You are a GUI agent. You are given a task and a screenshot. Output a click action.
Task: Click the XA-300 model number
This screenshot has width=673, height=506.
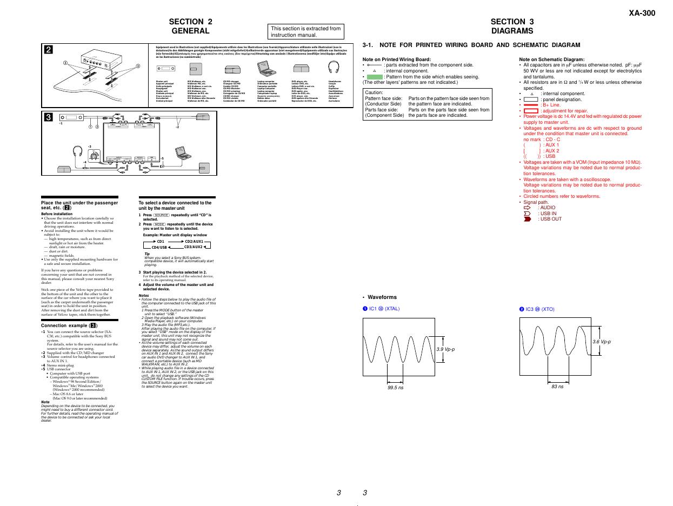click(x=642, y=14)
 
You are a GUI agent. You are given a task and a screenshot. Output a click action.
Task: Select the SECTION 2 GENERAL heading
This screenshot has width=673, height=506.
click(x=190, y=26)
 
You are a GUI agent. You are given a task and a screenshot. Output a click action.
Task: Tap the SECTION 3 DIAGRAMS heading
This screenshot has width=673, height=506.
click(x=512, y=26)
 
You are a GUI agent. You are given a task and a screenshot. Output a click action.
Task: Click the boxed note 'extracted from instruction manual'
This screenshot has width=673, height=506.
click(x=306, y=31)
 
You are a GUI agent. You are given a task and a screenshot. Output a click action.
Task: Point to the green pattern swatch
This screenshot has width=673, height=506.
click(x=374, y=77)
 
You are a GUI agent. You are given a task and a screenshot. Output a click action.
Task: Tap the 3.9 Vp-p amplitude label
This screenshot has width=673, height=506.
click(x=445, y=349)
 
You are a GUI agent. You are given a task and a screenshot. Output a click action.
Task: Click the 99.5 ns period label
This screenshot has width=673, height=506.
click(x=395, y=387)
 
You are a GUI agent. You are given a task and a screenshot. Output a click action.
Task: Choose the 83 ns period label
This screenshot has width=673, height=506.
click(x=557, y=387)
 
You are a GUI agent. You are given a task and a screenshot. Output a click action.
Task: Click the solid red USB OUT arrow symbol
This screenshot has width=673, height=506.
click(x=528, y=219)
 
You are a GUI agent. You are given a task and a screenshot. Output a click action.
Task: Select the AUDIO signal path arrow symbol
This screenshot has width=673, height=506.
click(x=528, y=208)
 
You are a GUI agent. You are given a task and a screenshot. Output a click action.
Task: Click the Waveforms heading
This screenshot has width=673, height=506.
click(x=382, y=297)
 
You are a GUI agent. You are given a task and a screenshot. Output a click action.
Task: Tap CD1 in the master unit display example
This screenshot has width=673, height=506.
click(x=161, y=242)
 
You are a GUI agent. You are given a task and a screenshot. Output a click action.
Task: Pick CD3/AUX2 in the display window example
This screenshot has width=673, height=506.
click(x=194, y=247)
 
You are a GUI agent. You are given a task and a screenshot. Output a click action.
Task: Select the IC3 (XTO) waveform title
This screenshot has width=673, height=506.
click(x=540, y=309)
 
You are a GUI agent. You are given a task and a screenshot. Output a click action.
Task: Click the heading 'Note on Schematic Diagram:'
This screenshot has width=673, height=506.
click(x=551, y=59)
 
